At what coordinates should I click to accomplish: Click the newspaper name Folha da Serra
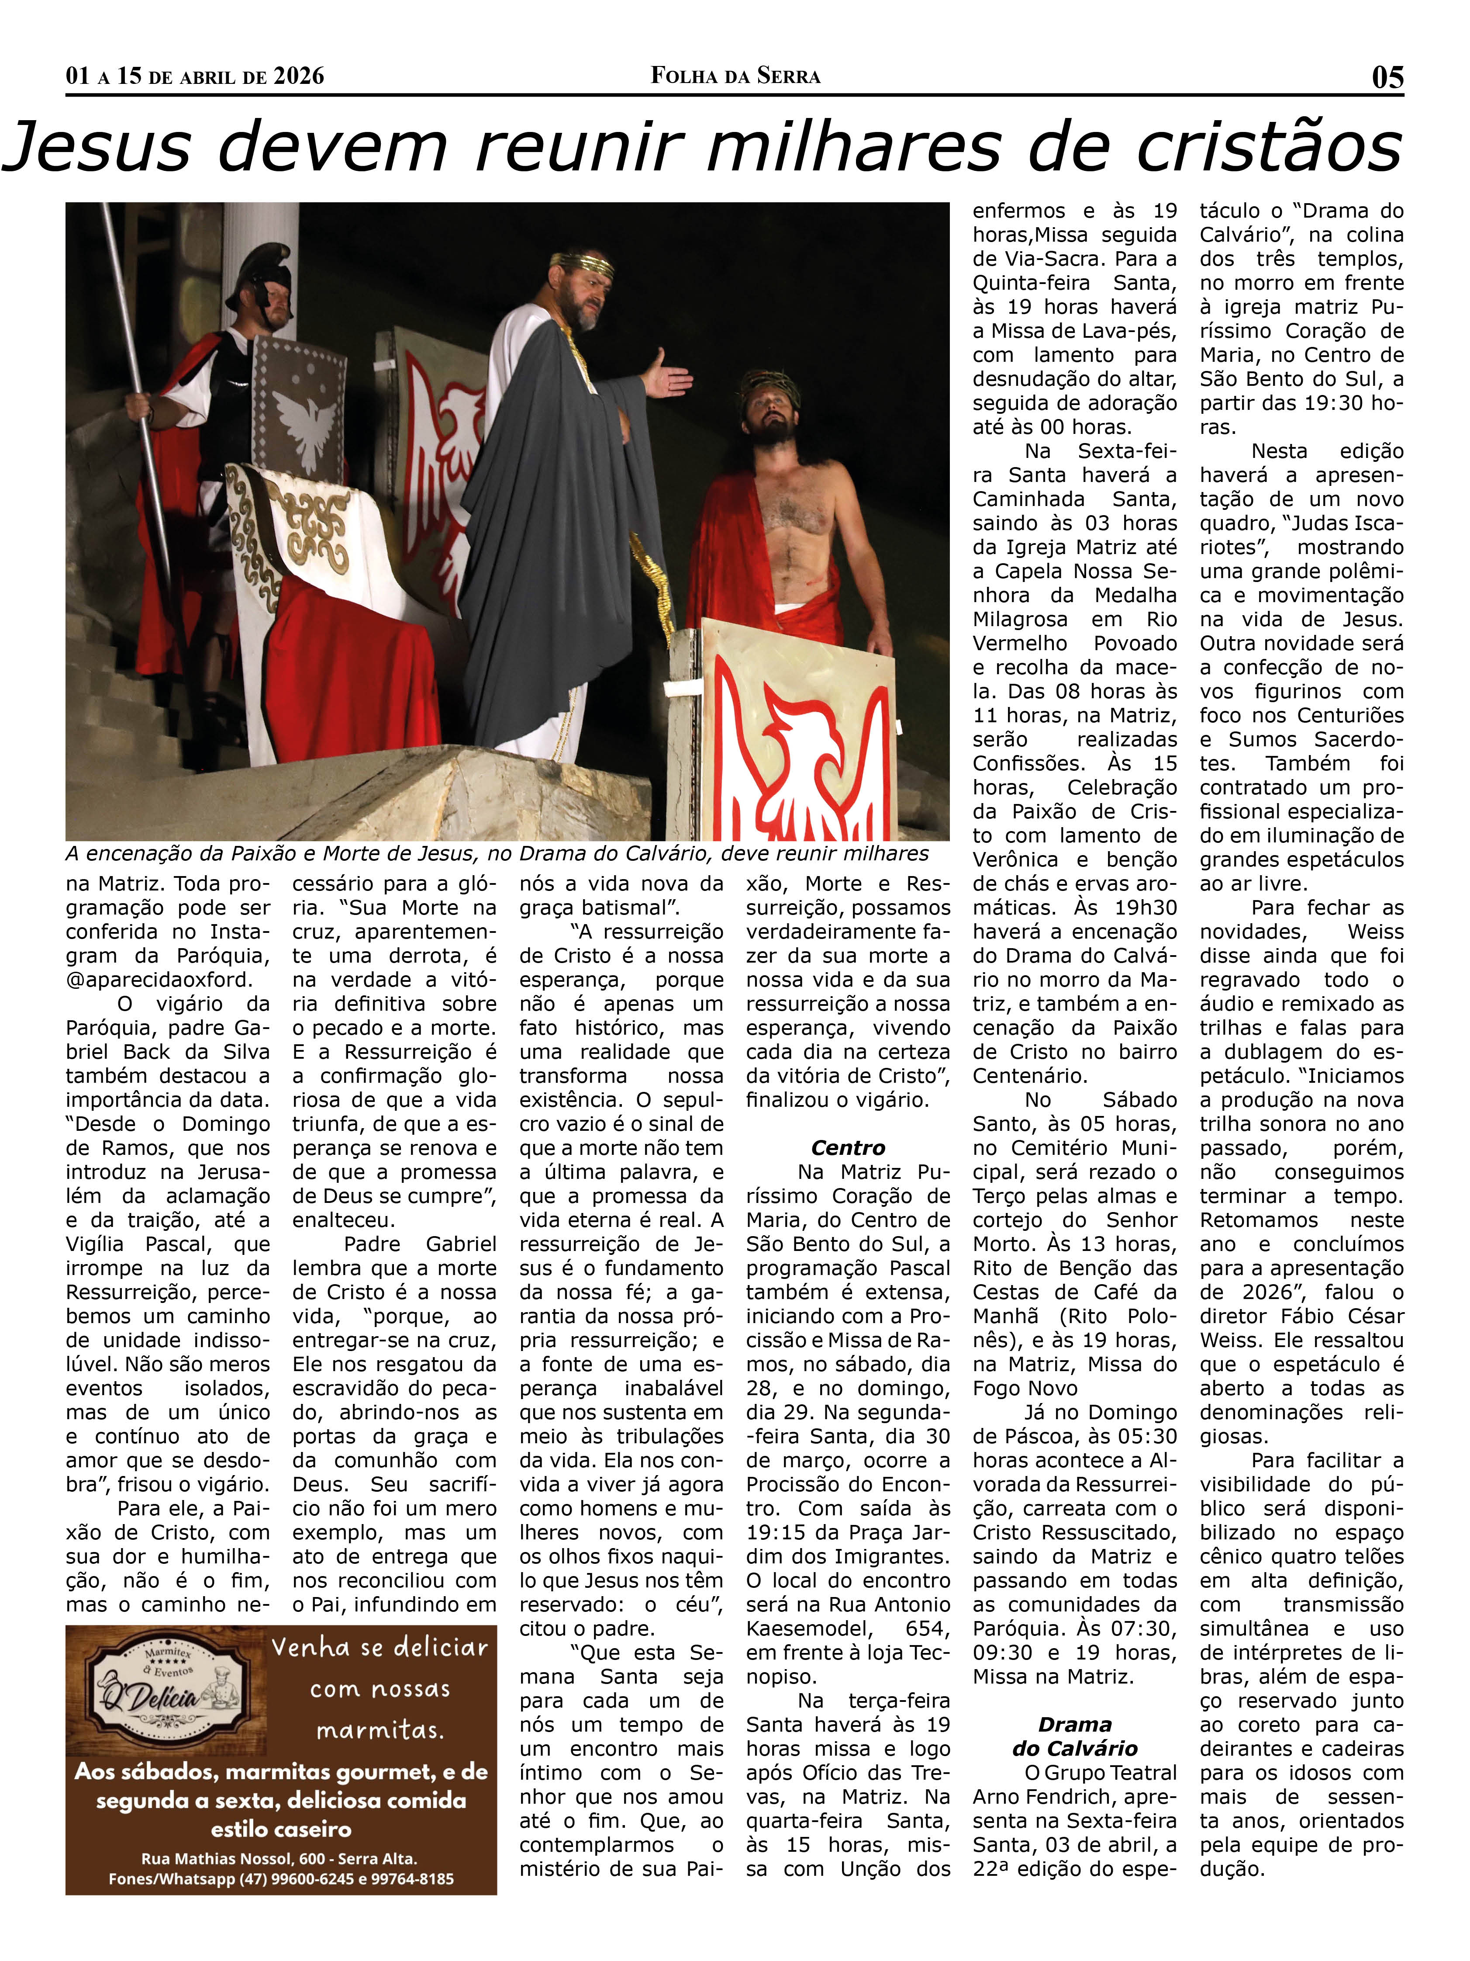[x=735, y=76]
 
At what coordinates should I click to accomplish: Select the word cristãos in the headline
[x=1269, y=147]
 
